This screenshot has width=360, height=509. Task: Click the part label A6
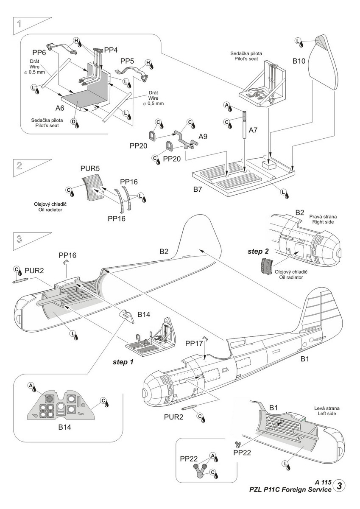(x=59, y=108)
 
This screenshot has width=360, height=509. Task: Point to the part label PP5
(x=127, y=61)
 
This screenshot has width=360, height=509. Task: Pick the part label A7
(x=253, y=130)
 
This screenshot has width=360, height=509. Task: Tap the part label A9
(x=204, y=137)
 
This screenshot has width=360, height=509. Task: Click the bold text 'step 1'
(x=123, y=362)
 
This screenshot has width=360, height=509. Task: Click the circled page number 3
(x=339, y=486)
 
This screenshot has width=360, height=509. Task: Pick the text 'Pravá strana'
(x=323, y=216)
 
